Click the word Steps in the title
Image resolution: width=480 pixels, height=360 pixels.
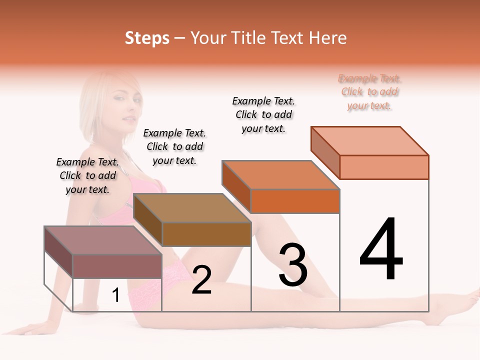[x=147, y=38]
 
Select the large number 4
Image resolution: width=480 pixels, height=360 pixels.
[x=381, y=250]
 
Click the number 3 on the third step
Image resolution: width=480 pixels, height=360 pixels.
[x=293, y=265]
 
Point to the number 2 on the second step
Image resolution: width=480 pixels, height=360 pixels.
[x=201, y=280]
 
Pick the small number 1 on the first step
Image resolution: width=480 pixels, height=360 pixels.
[x=116, y=295]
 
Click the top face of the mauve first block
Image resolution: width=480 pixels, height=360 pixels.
[x=103, y=240]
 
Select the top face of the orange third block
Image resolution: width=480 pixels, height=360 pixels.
[x=280, y=175]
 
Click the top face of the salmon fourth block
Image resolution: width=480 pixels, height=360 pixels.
[x=369, y=141]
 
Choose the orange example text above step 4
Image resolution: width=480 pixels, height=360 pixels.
[x=369, y=92]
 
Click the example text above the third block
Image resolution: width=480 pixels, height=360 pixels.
[x=263, y=114]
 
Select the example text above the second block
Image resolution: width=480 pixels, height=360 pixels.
[x=174, y=146]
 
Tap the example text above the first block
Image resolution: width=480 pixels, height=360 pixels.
[x=87, y=175]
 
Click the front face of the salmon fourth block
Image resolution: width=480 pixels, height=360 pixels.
[x=384, y=167]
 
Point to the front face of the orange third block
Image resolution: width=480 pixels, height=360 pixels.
[x=295, y=201]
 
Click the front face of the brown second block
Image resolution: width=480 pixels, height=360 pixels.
[x=206, y=234]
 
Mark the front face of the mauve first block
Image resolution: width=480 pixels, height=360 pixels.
[x=117, y=266]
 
